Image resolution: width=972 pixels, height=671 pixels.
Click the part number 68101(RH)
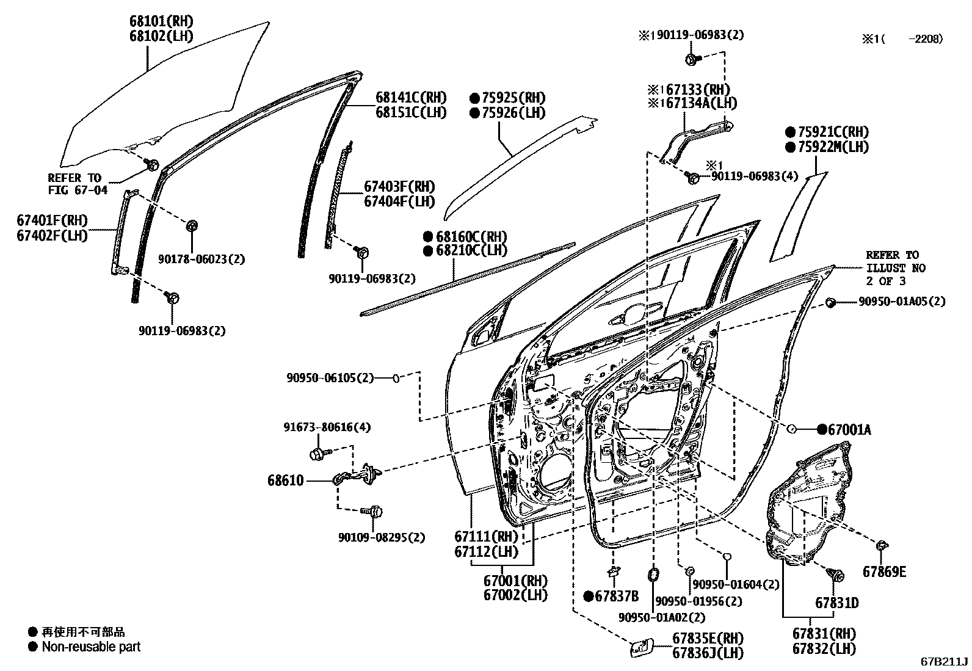pos(161,21)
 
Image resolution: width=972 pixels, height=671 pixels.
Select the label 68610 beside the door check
pos(285,481)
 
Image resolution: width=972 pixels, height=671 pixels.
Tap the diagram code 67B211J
pos(945,661)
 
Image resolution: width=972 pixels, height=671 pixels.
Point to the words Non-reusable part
pos(91,647)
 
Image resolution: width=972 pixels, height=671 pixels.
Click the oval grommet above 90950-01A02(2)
pos(653,574)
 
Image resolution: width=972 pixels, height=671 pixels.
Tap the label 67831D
pos(836,603)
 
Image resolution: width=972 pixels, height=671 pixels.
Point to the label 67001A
pos(849,430)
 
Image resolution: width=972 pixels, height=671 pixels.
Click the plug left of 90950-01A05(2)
pos(831,302)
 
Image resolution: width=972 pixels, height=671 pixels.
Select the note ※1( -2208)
pos(902,39)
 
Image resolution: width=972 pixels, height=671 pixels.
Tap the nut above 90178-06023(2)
pos(190,225)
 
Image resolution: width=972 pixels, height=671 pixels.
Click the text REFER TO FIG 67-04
pos(78,184)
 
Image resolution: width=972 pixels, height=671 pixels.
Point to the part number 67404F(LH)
pos(399,201)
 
